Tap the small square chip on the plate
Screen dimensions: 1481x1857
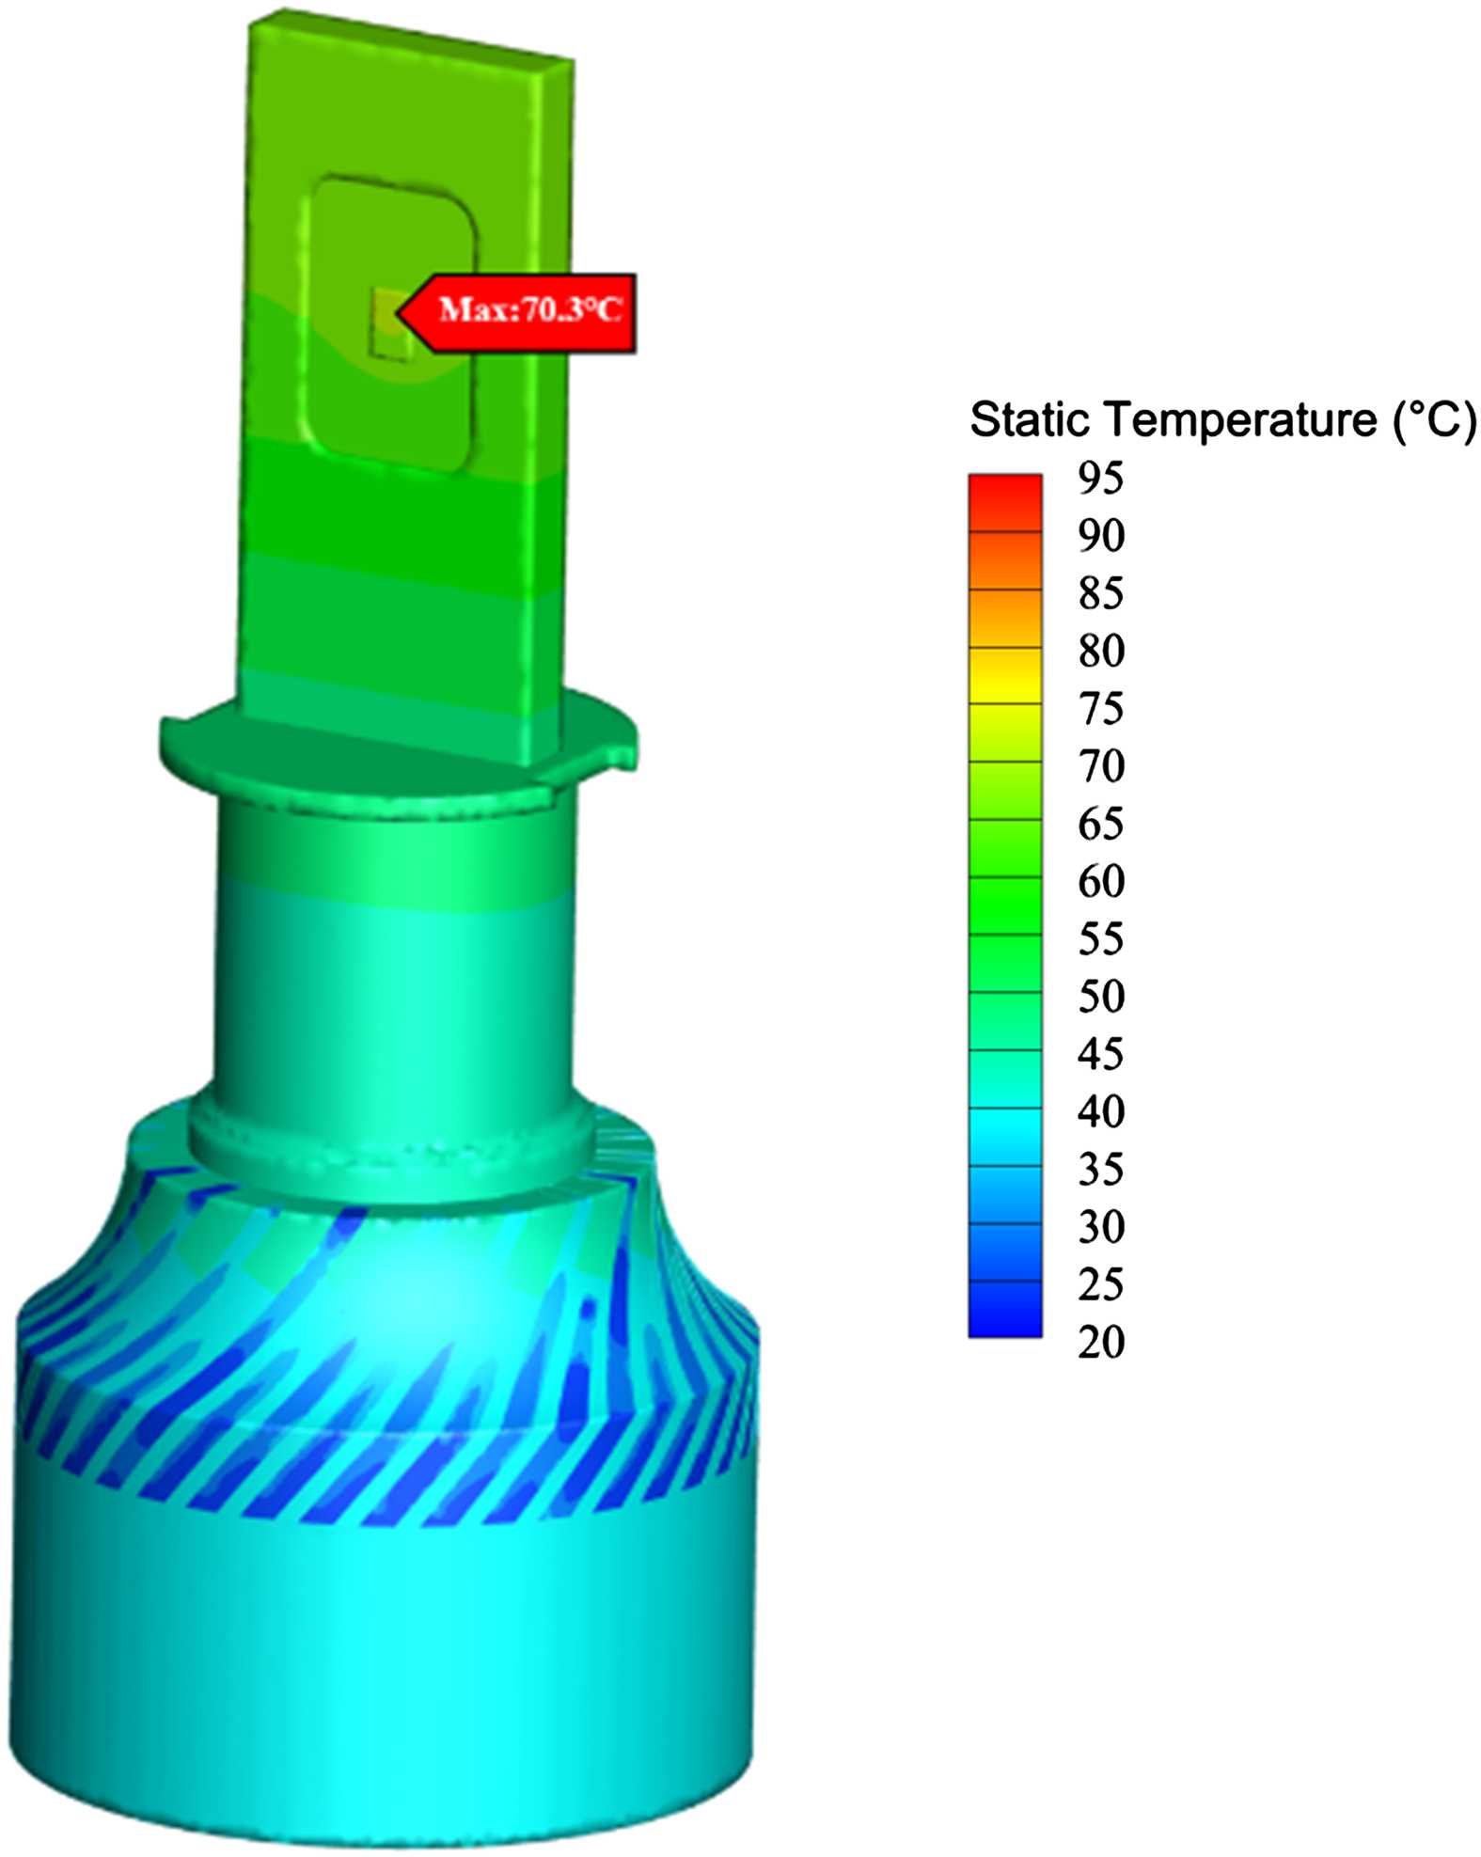(390, 324)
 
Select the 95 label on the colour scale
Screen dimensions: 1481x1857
(1101, 479)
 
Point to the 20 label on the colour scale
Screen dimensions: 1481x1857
(1101, 1343)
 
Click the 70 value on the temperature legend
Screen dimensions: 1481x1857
(1101, 766)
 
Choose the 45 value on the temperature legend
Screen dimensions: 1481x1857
(1101, 1054)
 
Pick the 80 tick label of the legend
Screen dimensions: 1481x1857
(1101, 651)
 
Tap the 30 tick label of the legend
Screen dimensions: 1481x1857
(1101, 1227)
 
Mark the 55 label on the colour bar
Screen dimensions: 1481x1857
(1101, 939)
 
